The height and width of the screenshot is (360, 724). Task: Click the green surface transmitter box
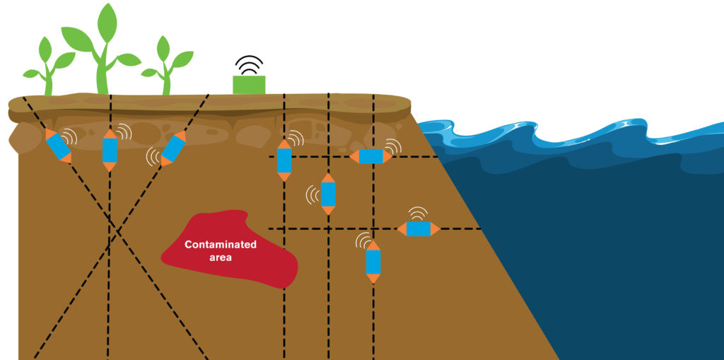pos(249,85)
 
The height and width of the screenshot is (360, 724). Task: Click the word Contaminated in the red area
pos(220,245)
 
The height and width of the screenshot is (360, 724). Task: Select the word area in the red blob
pos(221,257)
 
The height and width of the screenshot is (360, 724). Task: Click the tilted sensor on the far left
pos(58,146)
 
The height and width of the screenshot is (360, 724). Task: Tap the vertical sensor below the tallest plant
pos(110,150)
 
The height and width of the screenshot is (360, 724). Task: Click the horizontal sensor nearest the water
pos(419,228)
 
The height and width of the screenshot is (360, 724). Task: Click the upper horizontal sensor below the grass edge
pos(370,156)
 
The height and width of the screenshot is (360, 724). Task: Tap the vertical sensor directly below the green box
pos(284,161)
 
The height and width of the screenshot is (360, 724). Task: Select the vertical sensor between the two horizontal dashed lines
pos(328,194)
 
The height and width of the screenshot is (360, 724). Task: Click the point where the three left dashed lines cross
pos(114,229)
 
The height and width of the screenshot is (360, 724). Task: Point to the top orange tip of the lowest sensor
pos(373,245)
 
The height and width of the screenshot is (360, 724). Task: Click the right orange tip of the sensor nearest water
pos(436,228)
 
